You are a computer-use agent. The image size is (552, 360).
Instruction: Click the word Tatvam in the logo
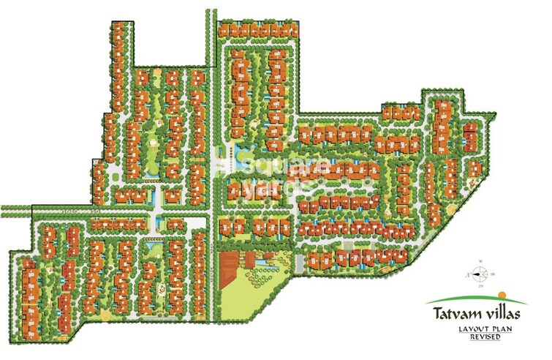[450, 315]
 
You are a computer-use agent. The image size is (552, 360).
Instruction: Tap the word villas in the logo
[500, 315]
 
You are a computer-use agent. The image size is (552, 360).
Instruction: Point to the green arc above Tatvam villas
[475, 298]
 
